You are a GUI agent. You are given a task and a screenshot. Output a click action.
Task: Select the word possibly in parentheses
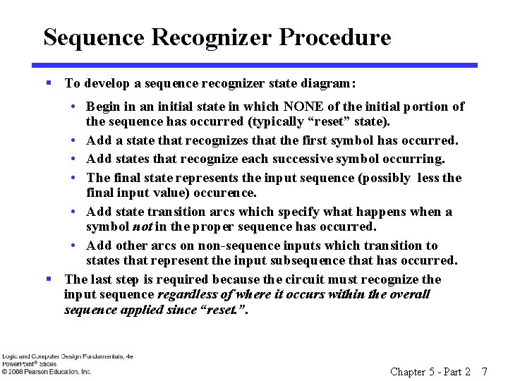point(386,178)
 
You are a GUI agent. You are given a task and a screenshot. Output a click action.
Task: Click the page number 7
point(484,371)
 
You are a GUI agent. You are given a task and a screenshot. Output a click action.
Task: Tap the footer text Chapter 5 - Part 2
point(430,371)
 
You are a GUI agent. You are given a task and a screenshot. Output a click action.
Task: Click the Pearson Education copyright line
point(47,371)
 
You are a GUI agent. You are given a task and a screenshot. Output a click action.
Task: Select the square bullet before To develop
point(49,83)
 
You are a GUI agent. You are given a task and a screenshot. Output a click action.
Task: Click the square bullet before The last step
point(49,279)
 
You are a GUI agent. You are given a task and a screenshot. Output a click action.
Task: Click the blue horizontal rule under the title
point(261,66)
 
